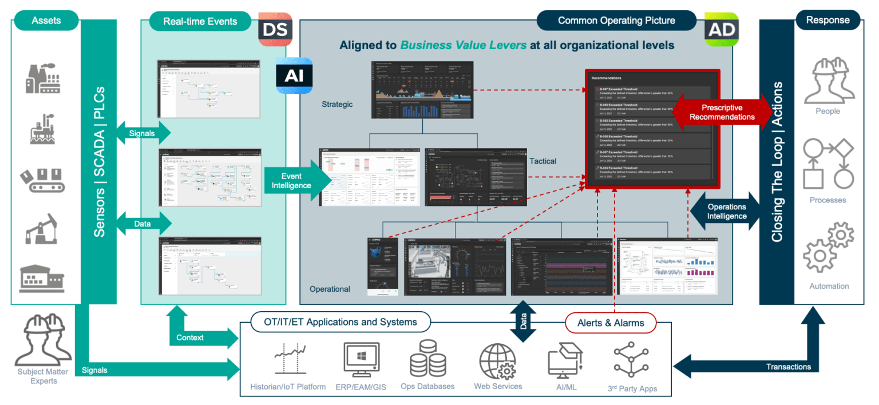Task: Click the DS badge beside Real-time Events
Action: click(275, 29)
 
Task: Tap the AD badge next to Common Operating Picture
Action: click(721, 29)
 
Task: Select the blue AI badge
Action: click(294, 75)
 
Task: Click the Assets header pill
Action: click(46, 21)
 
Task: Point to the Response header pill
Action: click(827, 21)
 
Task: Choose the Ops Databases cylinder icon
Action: click(427, 358)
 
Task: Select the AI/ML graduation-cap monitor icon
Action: click(565, 359)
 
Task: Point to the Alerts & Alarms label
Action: click(611, 323)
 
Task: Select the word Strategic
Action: click(338, 104)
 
